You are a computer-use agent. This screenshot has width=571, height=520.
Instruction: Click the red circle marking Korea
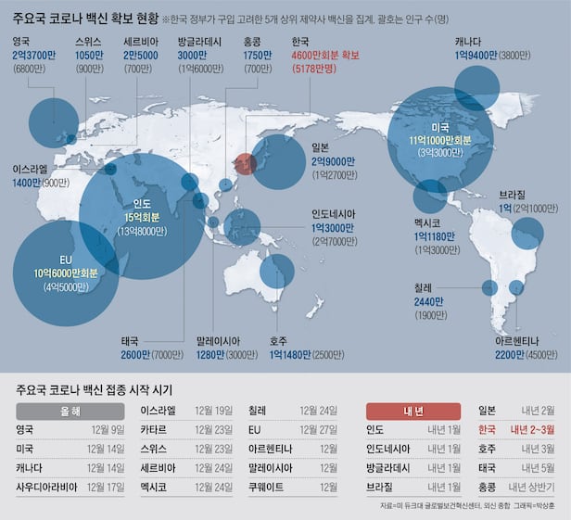coord(244,163)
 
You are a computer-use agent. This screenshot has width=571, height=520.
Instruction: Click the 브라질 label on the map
coord(513,194)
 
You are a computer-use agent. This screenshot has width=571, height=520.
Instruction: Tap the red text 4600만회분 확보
coord(324,56)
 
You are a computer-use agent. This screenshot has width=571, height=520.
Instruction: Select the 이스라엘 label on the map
coord(32,170)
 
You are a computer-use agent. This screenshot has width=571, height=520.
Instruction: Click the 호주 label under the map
coord(278,340)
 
